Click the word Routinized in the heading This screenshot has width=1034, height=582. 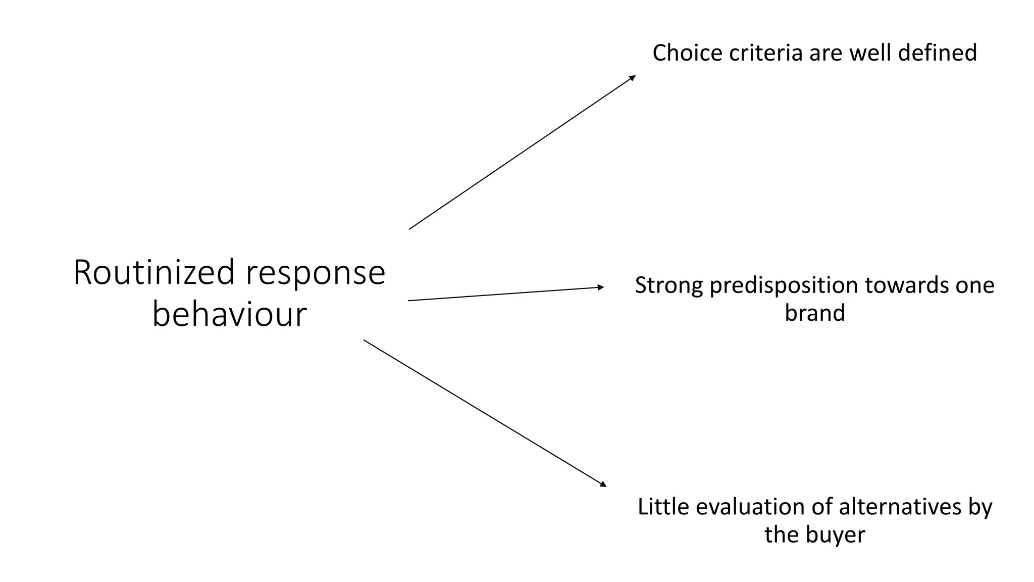[154, 273]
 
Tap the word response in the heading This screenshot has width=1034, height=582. [316, 273]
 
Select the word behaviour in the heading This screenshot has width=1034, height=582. [230, 314]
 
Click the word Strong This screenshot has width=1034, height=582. [668, 286]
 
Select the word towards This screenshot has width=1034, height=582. [904, 286]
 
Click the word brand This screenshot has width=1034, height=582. [814, 313]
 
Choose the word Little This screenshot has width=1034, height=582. [663, 507]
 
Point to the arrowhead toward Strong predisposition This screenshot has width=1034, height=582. [601, 287]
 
